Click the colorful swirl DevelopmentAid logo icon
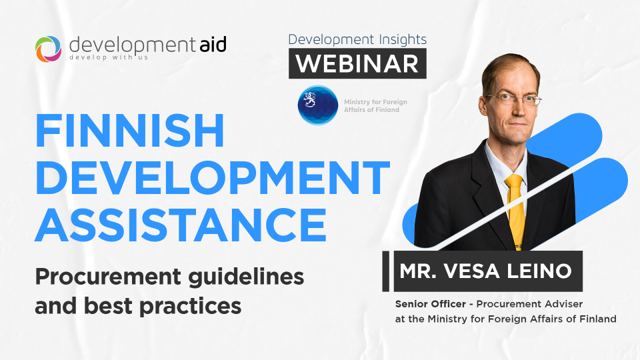coord(48,49)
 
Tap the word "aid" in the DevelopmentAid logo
coord(213,45)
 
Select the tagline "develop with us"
coord(109,57)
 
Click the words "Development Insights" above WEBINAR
coord(357,39)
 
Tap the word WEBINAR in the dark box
coord(357,64)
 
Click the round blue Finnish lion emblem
coord(317,105)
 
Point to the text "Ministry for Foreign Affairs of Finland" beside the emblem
coord(375,106)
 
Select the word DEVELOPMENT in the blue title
coord(212,177)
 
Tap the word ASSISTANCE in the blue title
coord(181,225)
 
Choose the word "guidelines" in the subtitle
coord(246,277)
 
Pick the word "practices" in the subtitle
coord(190,307)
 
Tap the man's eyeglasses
coord(512,99)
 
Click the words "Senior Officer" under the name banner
coord(430,304)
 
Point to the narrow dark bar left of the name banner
coord(386,271)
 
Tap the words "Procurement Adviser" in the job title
coord(529,304)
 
